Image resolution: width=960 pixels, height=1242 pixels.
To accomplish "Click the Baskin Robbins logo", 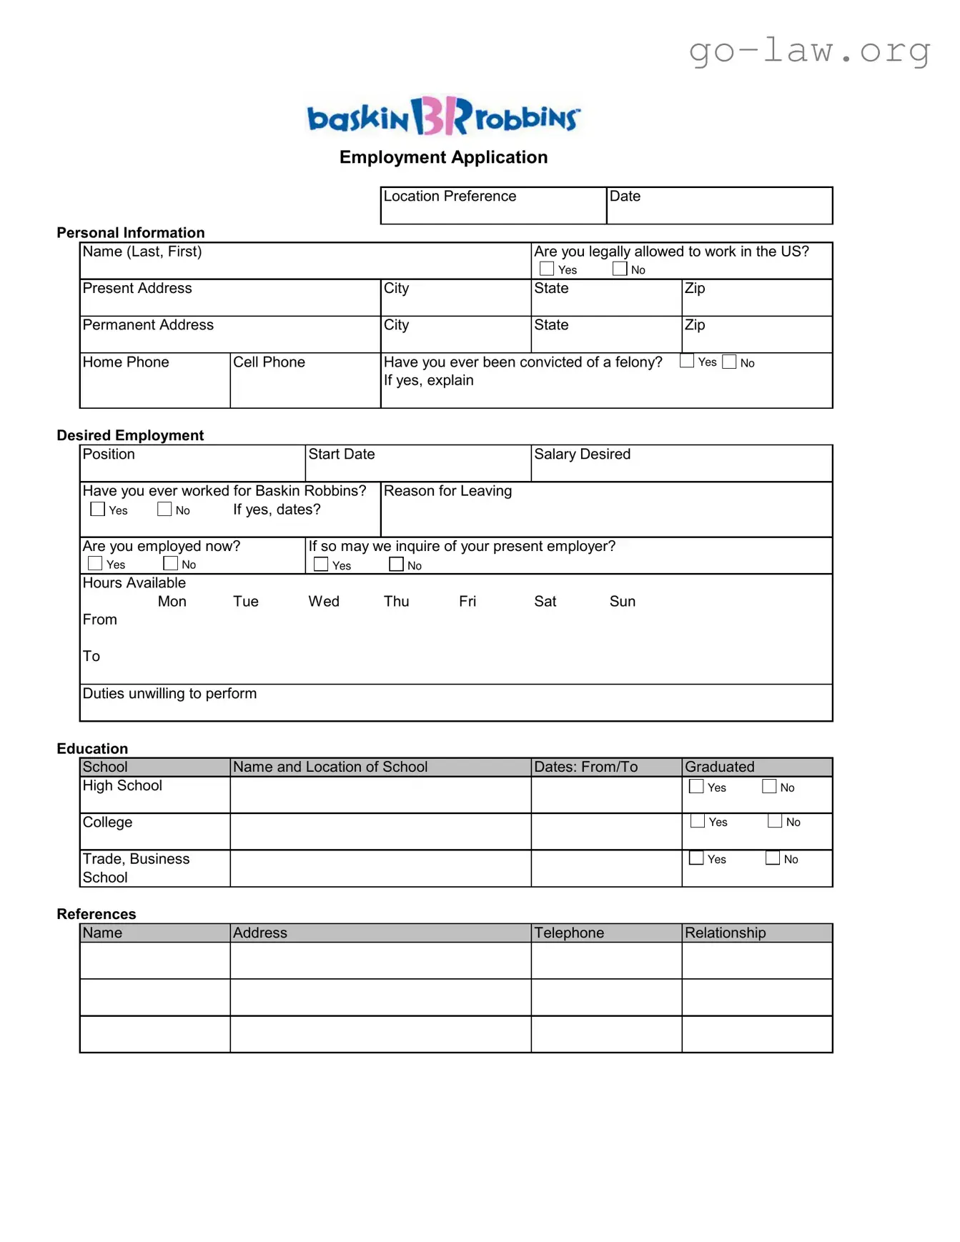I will (x=443, y=116).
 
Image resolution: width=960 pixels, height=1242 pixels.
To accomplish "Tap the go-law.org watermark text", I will (x=809, y=51).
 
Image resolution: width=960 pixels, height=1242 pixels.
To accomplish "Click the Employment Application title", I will (x=443, y=157).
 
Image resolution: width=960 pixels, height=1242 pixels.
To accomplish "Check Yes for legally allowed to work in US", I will (x=547, y=269).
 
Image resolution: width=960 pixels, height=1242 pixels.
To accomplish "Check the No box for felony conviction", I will (x=729, y=362).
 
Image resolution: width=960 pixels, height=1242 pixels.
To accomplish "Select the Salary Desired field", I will (x=681, y=464).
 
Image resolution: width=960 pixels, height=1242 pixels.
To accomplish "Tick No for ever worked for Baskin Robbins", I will (x=164, y=510).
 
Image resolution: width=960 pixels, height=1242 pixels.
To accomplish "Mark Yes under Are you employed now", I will (x=95, y=564).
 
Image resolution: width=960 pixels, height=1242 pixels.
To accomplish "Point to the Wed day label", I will (x=324, y=602).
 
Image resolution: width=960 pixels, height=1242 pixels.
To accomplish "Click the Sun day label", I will (x=622, y=602).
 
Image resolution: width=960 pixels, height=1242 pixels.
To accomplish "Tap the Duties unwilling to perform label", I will (x=169, y=693).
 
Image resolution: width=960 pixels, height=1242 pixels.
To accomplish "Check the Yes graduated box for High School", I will (x=696, y=787).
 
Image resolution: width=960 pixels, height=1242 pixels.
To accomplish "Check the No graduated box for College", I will (x=775, y=822).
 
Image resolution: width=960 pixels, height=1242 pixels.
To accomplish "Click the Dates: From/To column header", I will (x=585, y=767).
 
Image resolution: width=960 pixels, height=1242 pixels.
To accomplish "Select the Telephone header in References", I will (x=569, y=933).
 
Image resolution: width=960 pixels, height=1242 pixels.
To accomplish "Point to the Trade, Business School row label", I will (x=136, y=868).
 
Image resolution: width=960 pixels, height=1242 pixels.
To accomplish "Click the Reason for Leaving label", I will (x=447, y=491).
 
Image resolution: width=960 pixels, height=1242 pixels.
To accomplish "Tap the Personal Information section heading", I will (x=131, y=232).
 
